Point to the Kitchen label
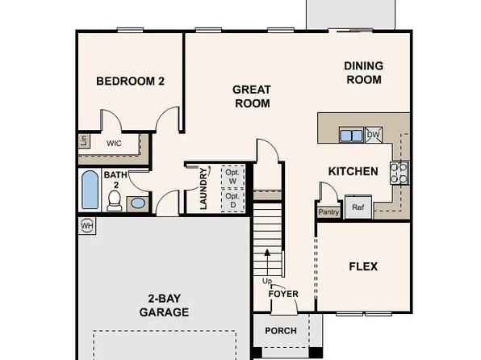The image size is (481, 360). pyautogui.click(x=353, y=171)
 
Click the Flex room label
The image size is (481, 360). pyautogui.click(x=362, y=266)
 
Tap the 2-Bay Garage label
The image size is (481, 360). pyautogui.click(x=164, y=304)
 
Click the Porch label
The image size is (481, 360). pyautogui.click(x=281, y=331)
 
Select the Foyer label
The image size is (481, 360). pyautogui.click(x=283, y=294)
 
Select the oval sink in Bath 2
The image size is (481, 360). pyautogui.click(x=139, y=201)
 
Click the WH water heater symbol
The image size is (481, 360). pyautogui.click(x=86, y=225)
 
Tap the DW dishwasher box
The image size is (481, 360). pyautogui.click(x=374, y=135)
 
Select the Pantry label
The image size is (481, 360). pyautogui.click(x=328, y=212)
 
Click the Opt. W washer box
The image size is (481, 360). pyautogui.click(x=232, y=176)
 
